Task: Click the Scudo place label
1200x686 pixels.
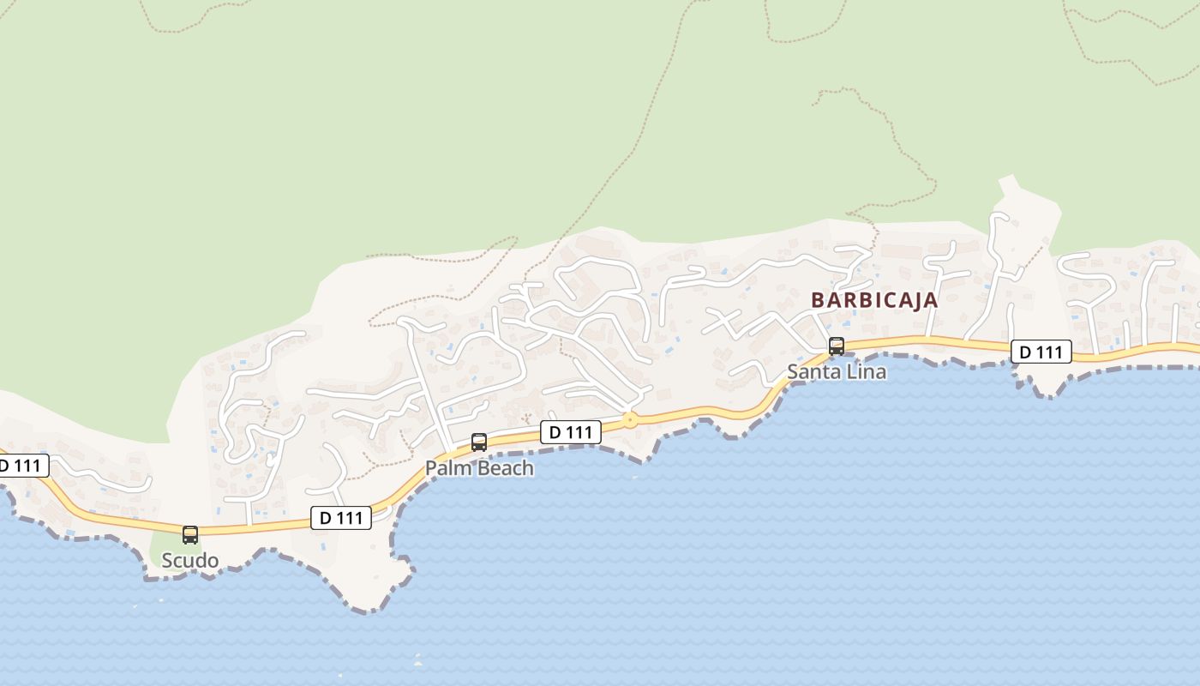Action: click(190, 561)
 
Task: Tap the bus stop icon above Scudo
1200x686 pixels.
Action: click(190, 535)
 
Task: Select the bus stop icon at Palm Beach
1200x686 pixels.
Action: click(479, 442)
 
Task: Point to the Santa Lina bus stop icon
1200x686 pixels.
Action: click(836, 346)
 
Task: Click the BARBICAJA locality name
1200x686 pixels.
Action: click(874, 301)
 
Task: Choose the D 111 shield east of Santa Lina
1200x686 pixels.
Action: click(1041, 352)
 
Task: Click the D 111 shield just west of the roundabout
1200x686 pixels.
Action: click(570, 432)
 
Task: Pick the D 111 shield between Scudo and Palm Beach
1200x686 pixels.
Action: click(340, 518)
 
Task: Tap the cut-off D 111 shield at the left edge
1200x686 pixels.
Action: click(21, 466)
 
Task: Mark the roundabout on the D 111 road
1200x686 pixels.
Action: click(630, 420)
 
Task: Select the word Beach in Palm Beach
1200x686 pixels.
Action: click(506, 468)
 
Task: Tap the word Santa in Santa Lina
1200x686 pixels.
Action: click(815, 372)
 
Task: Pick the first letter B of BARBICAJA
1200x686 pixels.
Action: click(817, 301)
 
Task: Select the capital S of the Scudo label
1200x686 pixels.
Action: click(168, 561)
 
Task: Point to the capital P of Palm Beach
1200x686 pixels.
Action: click(432, 468)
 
